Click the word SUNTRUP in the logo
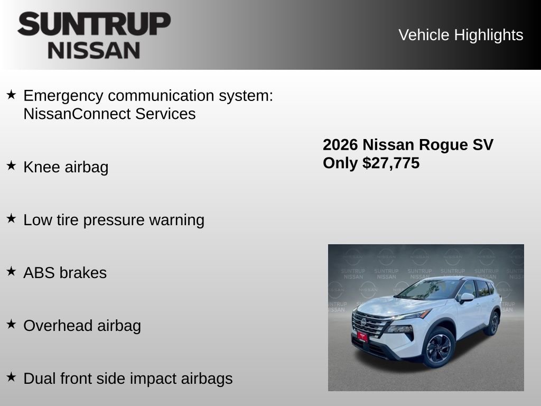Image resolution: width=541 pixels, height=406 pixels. (x=94, y=24)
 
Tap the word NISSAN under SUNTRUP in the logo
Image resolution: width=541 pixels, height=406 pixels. (x=94, y=50)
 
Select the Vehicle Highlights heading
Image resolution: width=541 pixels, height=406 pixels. (x=461, y=35)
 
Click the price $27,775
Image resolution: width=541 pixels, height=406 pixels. (x=391, y=163)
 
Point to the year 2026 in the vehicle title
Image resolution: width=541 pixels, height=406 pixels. (x=341, y=145)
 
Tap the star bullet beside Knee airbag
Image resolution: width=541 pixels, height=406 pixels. (x=11, y=165)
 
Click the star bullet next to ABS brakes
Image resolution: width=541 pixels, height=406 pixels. (x=11, y=271)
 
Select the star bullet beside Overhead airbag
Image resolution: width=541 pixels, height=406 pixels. (x=11, y=324)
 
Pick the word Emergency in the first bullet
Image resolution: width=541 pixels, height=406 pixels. (x=63, y=96)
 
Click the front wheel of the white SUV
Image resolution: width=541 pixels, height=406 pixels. (x=439, y=348)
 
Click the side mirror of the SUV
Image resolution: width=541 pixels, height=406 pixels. (x=466, y=298)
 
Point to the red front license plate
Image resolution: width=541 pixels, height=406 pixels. (x=362, y=336)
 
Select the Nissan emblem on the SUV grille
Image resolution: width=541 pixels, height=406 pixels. (x=363, y=321)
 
